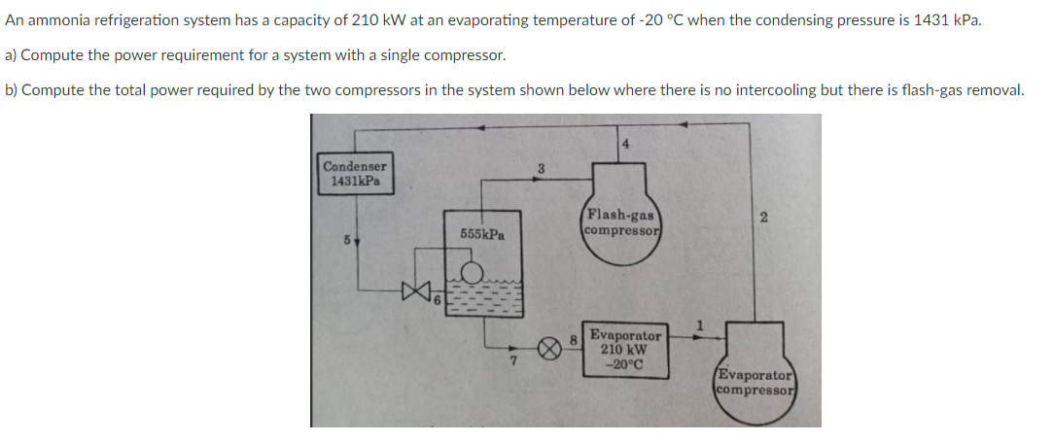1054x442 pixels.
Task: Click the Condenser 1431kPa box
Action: pyautogui.click(x=355, y=174)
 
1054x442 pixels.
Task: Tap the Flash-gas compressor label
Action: pyautogui.click(x=621, y=222)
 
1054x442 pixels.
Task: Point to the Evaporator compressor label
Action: pyautogui.click(x=755, y=382)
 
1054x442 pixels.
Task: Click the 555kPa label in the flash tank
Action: pyautogui.click(x=482, y=234)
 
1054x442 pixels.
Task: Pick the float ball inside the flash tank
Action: pyautogui.click(x=472, y=273)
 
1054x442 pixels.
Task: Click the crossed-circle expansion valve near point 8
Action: pyautogui.click(x=551, y=348)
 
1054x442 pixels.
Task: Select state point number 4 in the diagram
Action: pyautogui.click(x=625, y=144)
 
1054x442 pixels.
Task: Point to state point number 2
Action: pyautogui.click(x=764, y=219)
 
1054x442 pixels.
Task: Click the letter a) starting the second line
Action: pyautogui.click(x=13, y=55)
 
